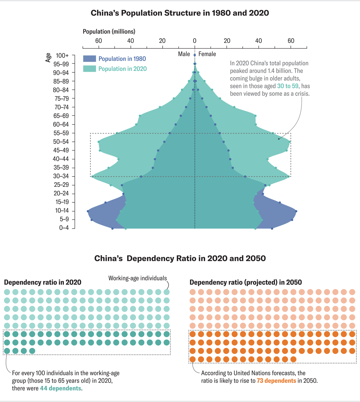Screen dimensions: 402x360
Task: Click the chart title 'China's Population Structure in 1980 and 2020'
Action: [180, 13]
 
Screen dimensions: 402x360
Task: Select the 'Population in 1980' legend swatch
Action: [89, 59]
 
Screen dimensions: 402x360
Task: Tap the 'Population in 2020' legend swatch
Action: [89, 69]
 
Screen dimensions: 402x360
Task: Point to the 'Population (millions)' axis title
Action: [109, 32]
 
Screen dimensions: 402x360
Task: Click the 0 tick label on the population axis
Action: [194, 41]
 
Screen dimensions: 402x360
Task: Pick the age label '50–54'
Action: [61, 142]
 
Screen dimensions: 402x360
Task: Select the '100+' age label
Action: [62, 56]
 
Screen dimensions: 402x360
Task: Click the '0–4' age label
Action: [64, 228]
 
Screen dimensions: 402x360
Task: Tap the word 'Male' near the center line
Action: [184, 54]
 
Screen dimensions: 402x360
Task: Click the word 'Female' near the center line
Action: [207, 54]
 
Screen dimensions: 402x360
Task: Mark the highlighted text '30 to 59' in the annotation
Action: [288, 86]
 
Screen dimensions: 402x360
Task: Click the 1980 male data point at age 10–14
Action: [88, 211]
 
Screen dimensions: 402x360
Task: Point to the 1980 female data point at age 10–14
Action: [296, 211]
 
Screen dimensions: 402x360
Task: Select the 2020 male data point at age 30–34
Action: [92, 177]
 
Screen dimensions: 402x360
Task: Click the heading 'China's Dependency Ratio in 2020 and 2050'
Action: [180, 258]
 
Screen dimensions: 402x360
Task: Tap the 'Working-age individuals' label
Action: [137, 278]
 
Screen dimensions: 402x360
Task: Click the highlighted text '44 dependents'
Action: [60, 388]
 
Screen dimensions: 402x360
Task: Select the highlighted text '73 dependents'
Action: [276, 381]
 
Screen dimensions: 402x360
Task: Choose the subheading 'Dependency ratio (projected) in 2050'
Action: [246, 283]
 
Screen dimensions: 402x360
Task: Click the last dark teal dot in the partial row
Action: [32, 351]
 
